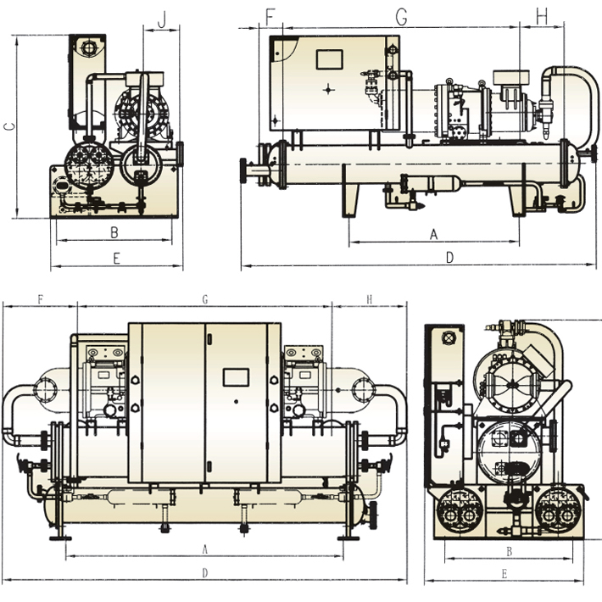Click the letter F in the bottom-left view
[x=40, y=299]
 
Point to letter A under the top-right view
[x=433, y=232]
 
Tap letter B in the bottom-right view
[x=509, y=550]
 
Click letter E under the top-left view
[x=116, y=259]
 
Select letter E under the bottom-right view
[x=504, y=574]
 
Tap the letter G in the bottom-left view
[x=204, y=299]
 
